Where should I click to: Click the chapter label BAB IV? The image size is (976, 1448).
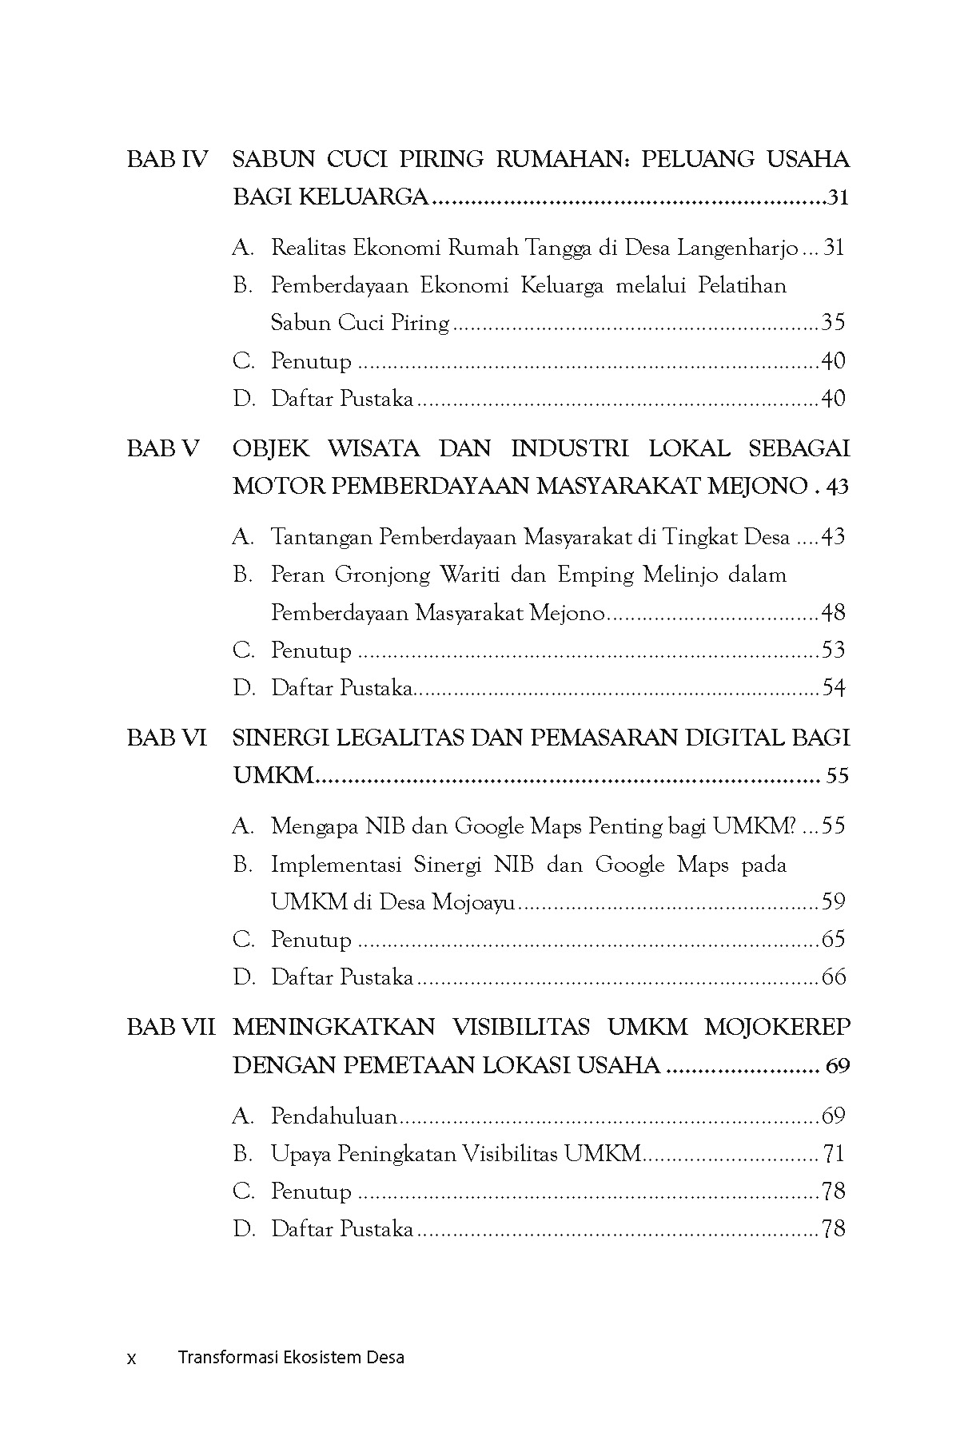(x=166, y=159)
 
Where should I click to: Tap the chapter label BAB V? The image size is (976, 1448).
(x=163, y=448)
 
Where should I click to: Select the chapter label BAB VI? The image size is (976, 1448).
(x=166, y=738)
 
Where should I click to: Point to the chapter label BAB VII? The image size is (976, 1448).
(x=171, y=1027)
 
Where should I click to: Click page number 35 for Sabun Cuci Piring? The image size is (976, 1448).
(x=833, y=323)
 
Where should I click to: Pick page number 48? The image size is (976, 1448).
(x=833, y=613)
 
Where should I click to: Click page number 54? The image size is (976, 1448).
(x=833, y=688)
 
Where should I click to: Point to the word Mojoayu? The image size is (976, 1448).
(x=473, y=902)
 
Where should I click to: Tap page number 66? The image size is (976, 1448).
(x=833, y=977)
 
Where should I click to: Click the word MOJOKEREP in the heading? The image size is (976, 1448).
(x=777, y=1027)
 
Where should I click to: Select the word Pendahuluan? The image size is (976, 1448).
(x=334, y=1116)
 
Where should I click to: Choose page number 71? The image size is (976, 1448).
(x=833, y=1154)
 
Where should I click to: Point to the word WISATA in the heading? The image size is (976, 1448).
(x=373, y=448)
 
